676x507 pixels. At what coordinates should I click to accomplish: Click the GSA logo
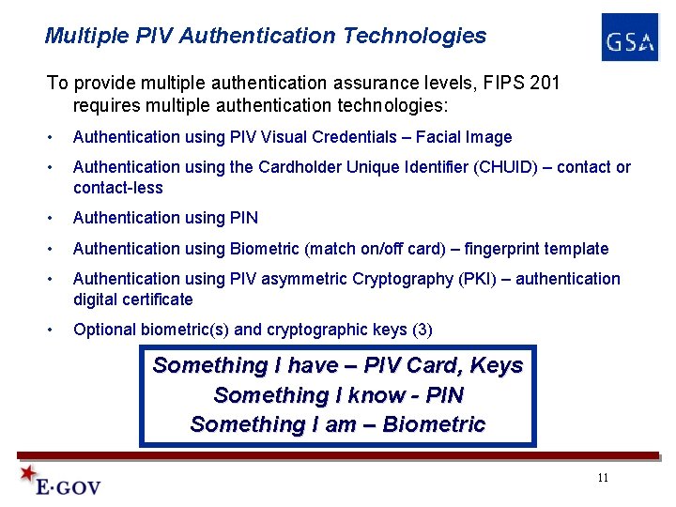click(630, 38)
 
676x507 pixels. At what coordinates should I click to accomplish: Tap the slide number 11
click(603, 478)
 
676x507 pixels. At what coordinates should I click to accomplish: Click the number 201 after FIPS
click(545, 83)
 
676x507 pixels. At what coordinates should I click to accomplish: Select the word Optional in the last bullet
click(104, 330)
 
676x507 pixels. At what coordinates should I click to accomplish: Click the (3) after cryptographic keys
click(422, 330)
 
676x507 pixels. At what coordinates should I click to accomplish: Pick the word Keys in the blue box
click(497, 365)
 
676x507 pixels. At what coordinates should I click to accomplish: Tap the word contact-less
click(117, 188)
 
